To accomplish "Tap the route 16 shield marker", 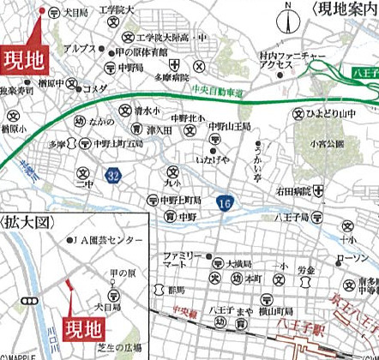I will click(x=225, y=203).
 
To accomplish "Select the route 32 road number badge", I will click(x=112, y=175).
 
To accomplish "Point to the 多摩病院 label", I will click(x=171, y=76).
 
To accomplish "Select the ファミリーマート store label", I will click(x=183, y=261).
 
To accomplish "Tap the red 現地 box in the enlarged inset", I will click(x=84, y=327).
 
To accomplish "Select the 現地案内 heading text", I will click(x=346, y=9).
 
